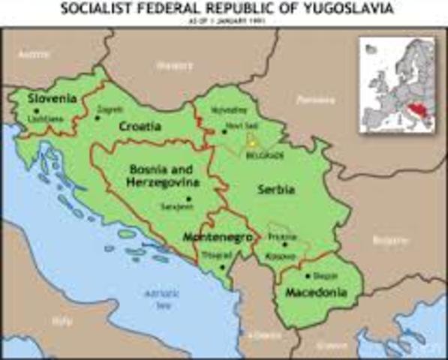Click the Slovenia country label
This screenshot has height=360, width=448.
(x=52, y=98)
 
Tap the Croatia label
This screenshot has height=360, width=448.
(x=140, y=127)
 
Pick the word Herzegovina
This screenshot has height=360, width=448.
(x=163, y=183)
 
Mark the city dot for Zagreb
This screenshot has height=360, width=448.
(x=97, y=118)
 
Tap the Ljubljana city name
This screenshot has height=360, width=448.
(x=41, y=119)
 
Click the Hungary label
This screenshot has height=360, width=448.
(x=174, y=65)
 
